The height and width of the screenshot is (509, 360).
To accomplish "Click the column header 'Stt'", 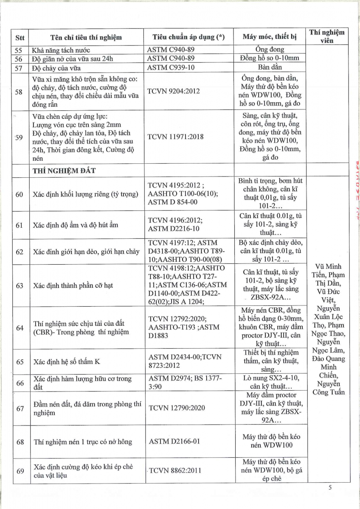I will click(20, 37).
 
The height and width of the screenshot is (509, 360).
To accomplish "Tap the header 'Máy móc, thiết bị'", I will click(270, 37).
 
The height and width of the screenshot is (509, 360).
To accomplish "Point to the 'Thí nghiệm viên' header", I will click(327, 36).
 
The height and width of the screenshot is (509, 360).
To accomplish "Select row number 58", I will click(19, 92).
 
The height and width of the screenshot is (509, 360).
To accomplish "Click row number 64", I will click(20, 328).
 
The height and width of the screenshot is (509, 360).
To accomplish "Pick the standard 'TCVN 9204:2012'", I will click(173, 91).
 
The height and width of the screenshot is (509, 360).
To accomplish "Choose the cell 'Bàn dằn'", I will click(270, 67).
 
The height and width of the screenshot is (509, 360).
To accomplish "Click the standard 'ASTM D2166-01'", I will click(174, 442).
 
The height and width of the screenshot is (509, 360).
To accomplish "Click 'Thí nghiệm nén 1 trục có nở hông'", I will click(83, 442).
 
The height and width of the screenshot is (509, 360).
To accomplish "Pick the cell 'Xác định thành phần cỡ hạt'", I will click(73, 285).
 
